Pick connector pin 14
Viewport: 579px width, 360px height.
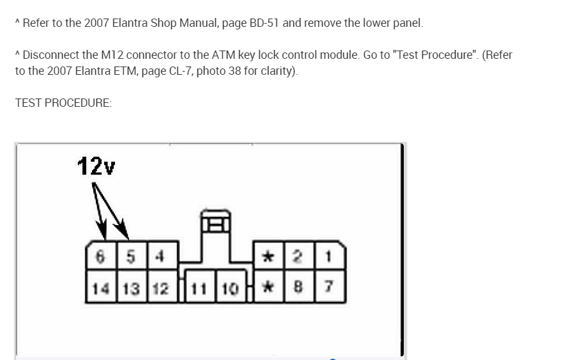click(x=100, y=288)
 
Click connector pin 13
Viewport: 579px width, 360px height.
click(x=131, y=288)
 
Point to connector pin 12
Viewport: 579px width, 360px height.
click(x=161, y=288)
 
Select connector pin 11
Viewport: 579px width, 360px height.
click(x=200, y=288)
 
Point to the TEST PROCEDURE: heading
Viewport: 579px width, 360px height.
click(x=63, y=102)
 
